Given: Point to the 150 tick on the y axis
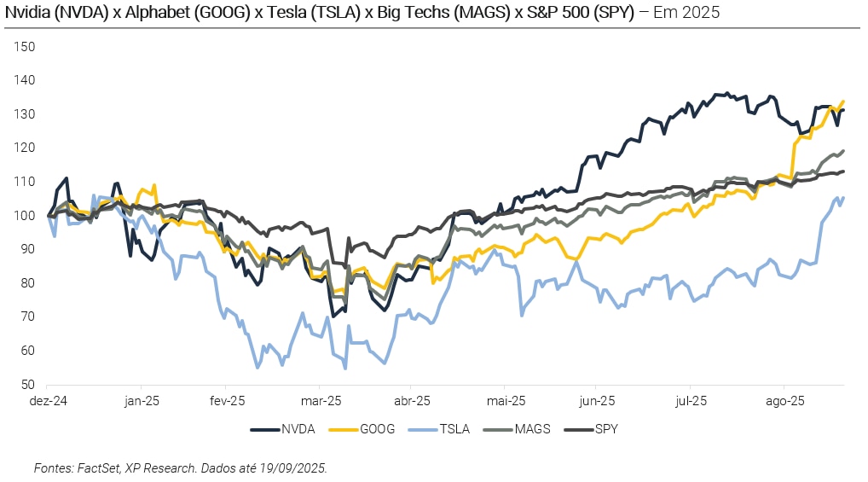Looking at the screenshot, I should click(25, 46).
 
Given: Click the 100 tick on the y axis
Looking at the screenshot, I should click(25, 215).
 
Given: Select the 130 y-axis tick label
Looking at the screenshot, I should click(25, 113).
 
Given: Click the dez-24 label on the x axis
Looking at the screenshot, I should click(49, 400).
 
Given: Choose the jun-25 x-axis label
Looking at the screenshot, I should click(598, 400).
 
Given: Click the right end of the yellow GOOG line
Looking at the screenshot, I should click(843, 102).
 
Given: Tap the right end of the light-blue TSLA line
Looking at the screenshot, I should click(843, 198).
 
